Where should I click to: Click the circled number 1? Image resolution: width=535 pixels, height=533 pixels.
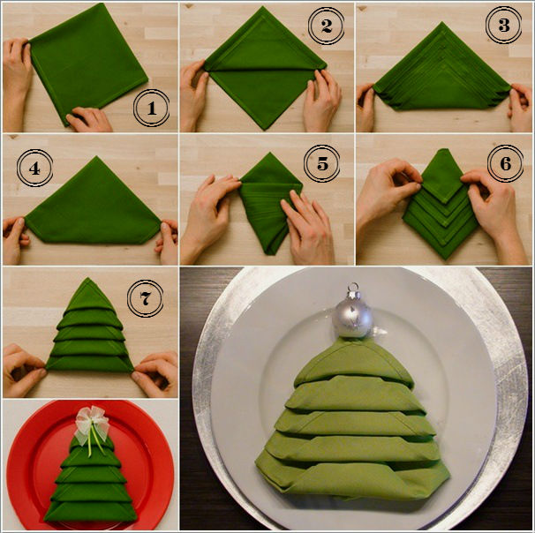tap(151, 108)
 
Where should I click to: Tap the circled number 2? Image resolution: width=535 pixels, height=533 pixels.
tap(326, 26)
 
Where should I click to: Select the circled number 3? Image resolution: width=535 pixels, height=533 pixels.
tap(503, 25)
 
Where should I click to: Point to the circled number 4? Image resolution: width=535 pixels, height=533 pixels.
tap(34, 169)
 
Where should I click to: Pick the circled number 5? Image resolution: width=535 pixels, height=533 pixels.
tap(321, 163)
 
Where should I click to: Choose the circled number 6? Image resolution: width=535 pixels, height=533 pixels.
tap(505, 163)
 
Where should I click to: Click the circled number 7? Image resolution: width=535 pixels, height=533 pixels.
tap(145, 298)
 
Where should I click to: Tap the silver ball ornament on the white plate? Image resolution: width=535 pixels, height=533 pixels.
tap(353, 318)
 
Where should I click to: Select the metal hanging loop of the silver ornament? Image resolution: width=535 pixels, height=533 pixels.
tap(352, 288)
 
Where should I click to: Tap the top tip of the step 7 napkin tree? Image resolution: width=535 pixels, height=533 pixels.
tap(87, 278)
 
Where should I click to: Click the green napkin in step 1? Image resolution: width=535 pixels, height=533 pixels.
tap(88, 62)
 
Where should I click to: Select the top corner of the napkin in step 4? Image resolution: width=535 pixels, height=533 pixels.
tap(96, 157)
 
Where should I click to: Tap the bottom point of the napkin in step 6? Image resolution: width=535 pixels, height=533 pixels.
tap(446, 259)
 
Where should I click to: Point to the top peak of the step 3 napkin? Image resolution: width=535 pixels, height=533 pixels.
tap(443, 23)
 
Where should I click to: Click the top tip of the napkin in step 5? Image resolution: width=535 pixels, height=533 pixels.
tap(270, 153)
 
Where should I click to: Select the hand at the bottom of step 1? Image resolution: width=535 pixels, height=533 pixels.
tap(88, 119)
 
